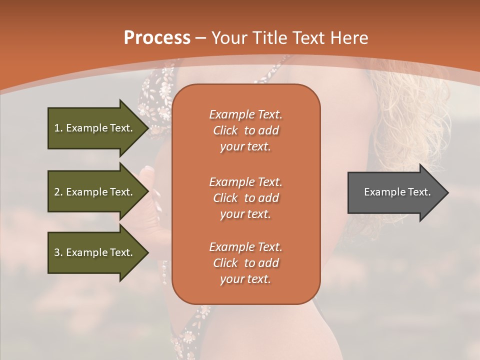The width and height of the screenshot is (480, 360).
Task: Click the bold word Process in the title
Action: pos(157,38)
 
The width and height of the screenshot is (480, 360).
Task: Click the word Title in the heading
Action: pos(269,38)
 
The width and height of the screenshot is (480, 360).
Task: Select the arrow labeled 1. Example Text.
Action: pos(95,128)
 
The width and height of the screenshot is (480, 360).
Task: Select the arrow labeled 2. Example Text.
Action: pos(95,192)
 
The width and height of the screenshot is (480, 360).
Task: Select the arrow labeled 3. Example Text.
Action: pos(95,252)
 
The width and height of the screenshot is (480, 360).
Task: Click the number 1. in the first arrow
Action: pos(58,128)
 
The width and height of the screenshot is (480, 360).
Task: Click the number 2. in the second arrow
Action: pos(58,192)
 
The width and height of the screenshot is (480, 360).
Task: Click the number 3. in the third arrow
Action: pos(58,252)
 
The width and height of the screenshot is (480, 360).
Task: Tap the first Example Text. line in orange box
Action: pos(245,114)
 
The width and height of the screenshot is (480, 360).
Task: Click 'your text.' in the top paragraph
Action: pos(245,147)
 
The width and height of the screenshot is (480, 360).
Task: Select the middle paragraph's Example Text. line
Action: pos(245,181)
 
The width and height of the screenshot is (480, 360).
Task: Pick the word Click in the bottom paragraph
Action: pos(225,263)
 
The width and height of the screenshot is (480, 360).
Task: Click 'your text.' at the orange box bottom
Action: pos(245,279)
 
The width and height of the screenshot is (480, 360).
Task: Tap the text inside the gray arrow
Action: pos(397,192)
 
